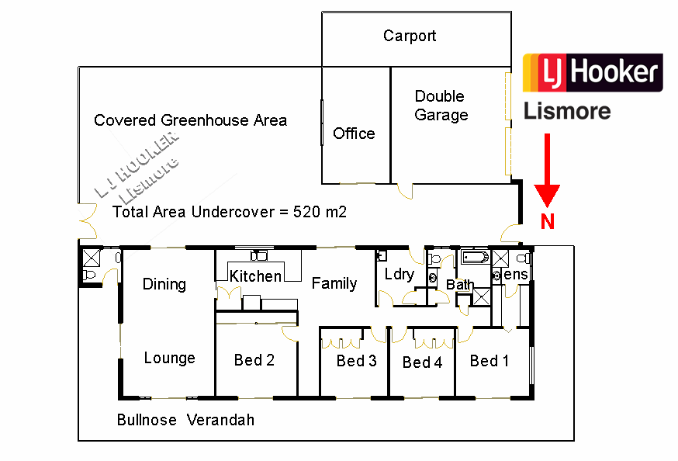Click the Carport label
pos(410,36)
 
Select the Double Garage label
pos(441,106)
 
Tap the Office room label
pos(354,133)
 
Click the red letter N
pos(548,222)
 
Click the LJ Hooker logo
pos(593,73)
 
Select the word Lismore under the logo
pos(567,111)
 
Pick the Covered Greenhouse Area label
pos(190,120)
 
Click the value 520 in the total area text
pos(307,212)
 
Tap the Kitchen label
pos(255,276)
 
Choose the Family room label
pos(334,283)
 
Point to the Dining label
pos(164,284)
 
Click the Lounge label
pos(169,358)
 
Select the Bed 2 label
pos(254,360)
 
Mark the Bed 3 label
pos(356,361)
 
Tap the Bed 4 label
pos(422,362)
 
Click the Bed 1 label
pos(489,361)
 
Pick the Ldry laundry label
pos(400,275)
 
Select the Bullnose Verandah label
pos(185,420)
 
